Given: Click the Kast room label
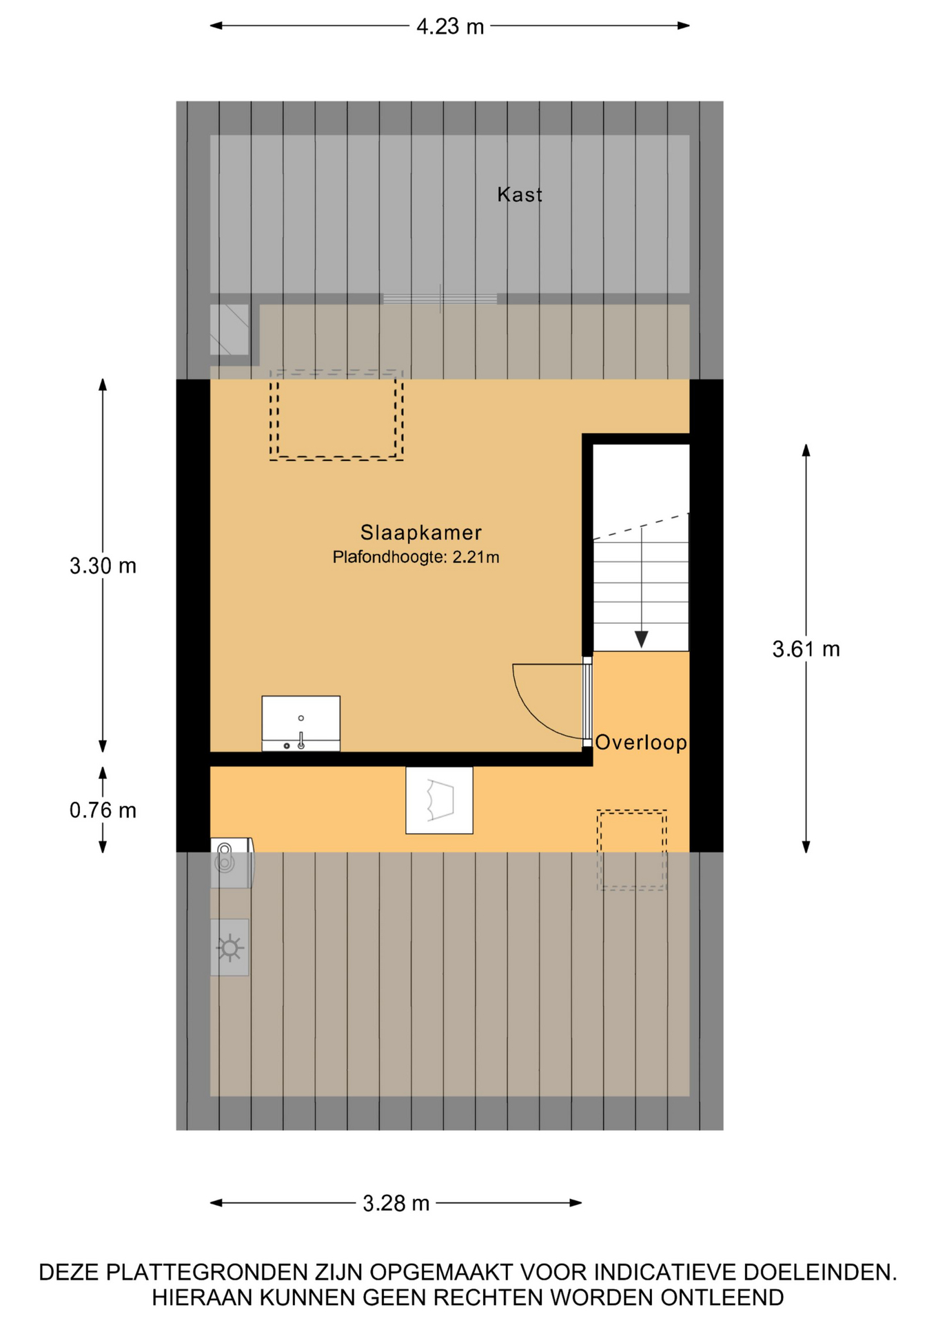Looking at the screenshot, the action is pyautogui.click(x=520, y=195).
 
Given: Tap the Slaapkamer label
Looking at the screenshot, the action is pyautogui.click(x=421, y=533).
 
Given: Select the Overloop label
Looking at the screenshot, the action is pyautogui.click(x=641, y=742).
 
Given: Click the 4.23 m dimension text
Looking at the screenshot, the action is pyautogui.click(x=450, y=27).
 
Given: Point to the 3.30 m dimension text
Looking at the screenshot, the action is pyautogui.click(x=103, y=566).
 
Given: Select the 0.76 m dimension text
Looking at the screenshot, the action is pyautogui.click(x=103, y=810).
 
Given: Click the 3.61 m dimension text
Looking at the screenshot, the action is pyautogui.click(x=806, y=649).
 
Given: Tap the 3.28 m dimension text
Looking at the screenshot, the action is pyautogui.click(x=396, y=1203).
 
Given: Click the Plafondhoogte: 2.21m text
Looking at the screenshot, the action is pyautogui.click(x=416, y=557).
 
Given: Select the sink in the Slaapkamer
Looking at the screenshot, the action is pyautogui.click(x=301, y=724).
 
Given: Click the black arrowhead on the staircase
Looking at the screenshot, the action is pyautogui.click(x=641, y=639).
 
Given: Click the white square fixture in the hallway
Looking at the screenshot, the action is pyautogui.click(x=439, y=800).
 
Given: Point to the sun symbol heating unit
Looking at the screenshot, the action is pyautogui.click(x=230, y=947).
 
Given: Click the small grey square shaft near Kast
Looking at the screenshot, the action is pyautogui.click(x=229, y=330).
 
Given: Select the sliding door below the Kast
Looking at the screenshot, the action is pyautogui.click(x=440, y=299).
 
